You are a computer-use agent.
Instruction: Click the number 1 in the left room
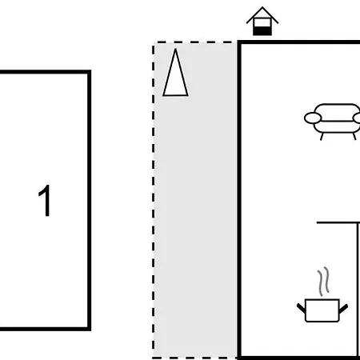point(45,200)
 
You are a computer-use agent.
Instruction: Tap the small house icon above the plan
point(262,21)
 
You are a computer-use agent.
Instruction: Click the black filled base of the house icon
point(262,30)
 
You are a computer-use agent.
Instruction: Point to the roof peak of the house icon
point(262,7)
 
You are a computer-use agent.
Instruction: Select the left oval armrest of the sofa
point(313,118)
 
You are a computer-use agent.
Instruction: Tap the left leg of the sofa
point(322,137)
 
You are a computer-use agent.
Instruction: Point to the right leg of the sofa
point(354,136)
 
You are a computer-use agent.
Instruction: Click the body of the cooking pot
point(322,310)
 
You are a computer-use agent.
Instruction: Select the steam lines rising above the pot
point(323,281)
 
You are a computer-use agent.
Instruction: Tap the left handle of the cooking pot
point(301,308)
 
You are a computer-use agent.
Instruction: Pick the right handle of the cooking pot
point(343,308)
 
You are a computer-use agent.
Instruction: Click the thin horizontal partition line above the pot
point(338,222)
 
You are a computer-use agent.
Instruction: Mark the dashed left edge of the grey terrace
point(154,200)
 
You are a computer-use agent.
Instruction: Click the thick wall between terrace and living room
point(239,200)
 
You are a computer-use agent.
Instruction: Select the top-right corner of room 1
point(90,71)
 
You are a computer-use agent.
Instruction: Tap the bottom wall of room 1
point(45,329)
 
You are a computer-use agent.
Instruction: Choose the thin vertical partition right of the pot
point(358,290)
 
